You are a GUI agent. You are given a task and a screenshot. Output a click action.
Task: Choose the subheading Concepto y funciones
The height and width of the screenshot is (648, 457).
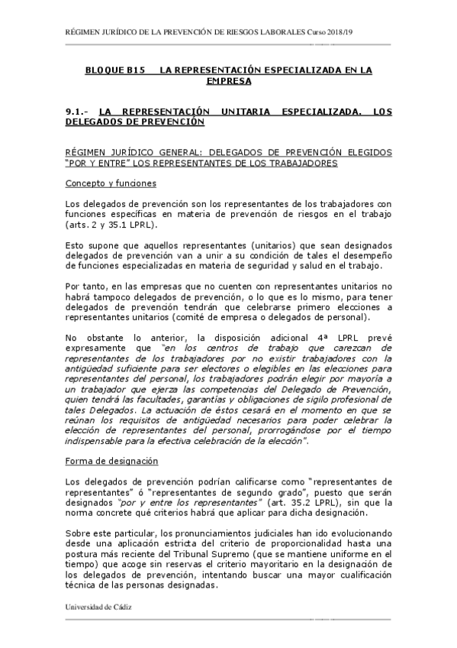[x=111, y=183]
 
